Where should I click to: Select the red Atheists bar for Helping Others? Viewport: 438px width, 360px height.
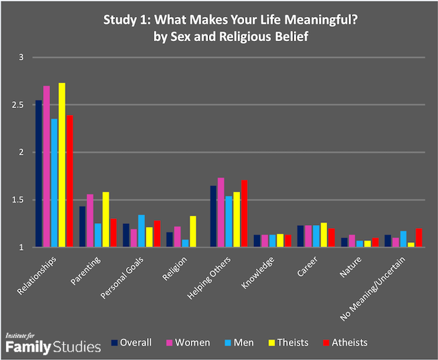[x=244, y=214]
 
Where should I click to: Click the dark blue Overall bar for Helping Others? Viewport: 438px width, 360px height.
[x=213, y=216]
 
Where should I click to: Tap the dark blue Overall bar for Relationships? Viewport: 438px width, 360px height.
[x=39, y=174]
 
